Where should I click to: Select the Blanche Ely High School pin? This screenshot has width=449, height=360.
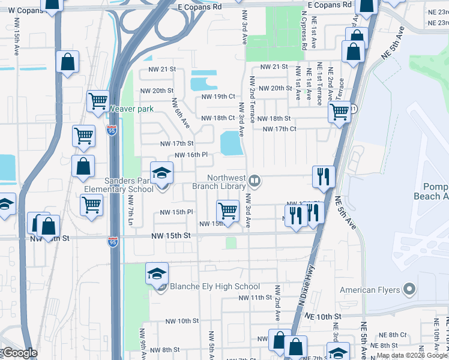point(157,275)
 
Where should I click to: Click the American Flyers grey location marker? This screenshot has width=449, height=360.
point(410,290)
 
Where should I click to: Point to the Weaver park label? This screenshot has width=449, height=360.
point(131,109)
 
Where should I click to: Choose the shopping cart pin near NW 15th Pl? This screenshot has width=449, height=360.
point(228,211)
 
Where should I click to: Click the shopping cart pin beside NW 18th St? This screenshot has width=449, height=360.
point(340,112)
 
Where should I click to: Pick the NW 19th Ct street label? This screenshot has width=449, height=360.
point(218,96)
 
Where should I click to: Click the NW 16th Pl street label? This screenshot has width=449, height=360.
point(191,155)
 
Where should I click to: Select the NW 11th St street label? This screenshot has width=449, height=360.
point(255,298)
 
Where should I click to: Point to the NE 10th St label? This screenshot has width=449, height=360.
point(322,316)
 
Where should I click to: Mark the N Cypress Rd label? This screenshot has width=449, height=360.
point(304,33)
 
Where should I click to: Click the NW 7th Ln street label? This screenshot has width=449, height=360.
point(129,210)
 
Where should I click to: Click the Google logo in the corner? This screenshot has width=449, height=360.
point(19,353)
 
